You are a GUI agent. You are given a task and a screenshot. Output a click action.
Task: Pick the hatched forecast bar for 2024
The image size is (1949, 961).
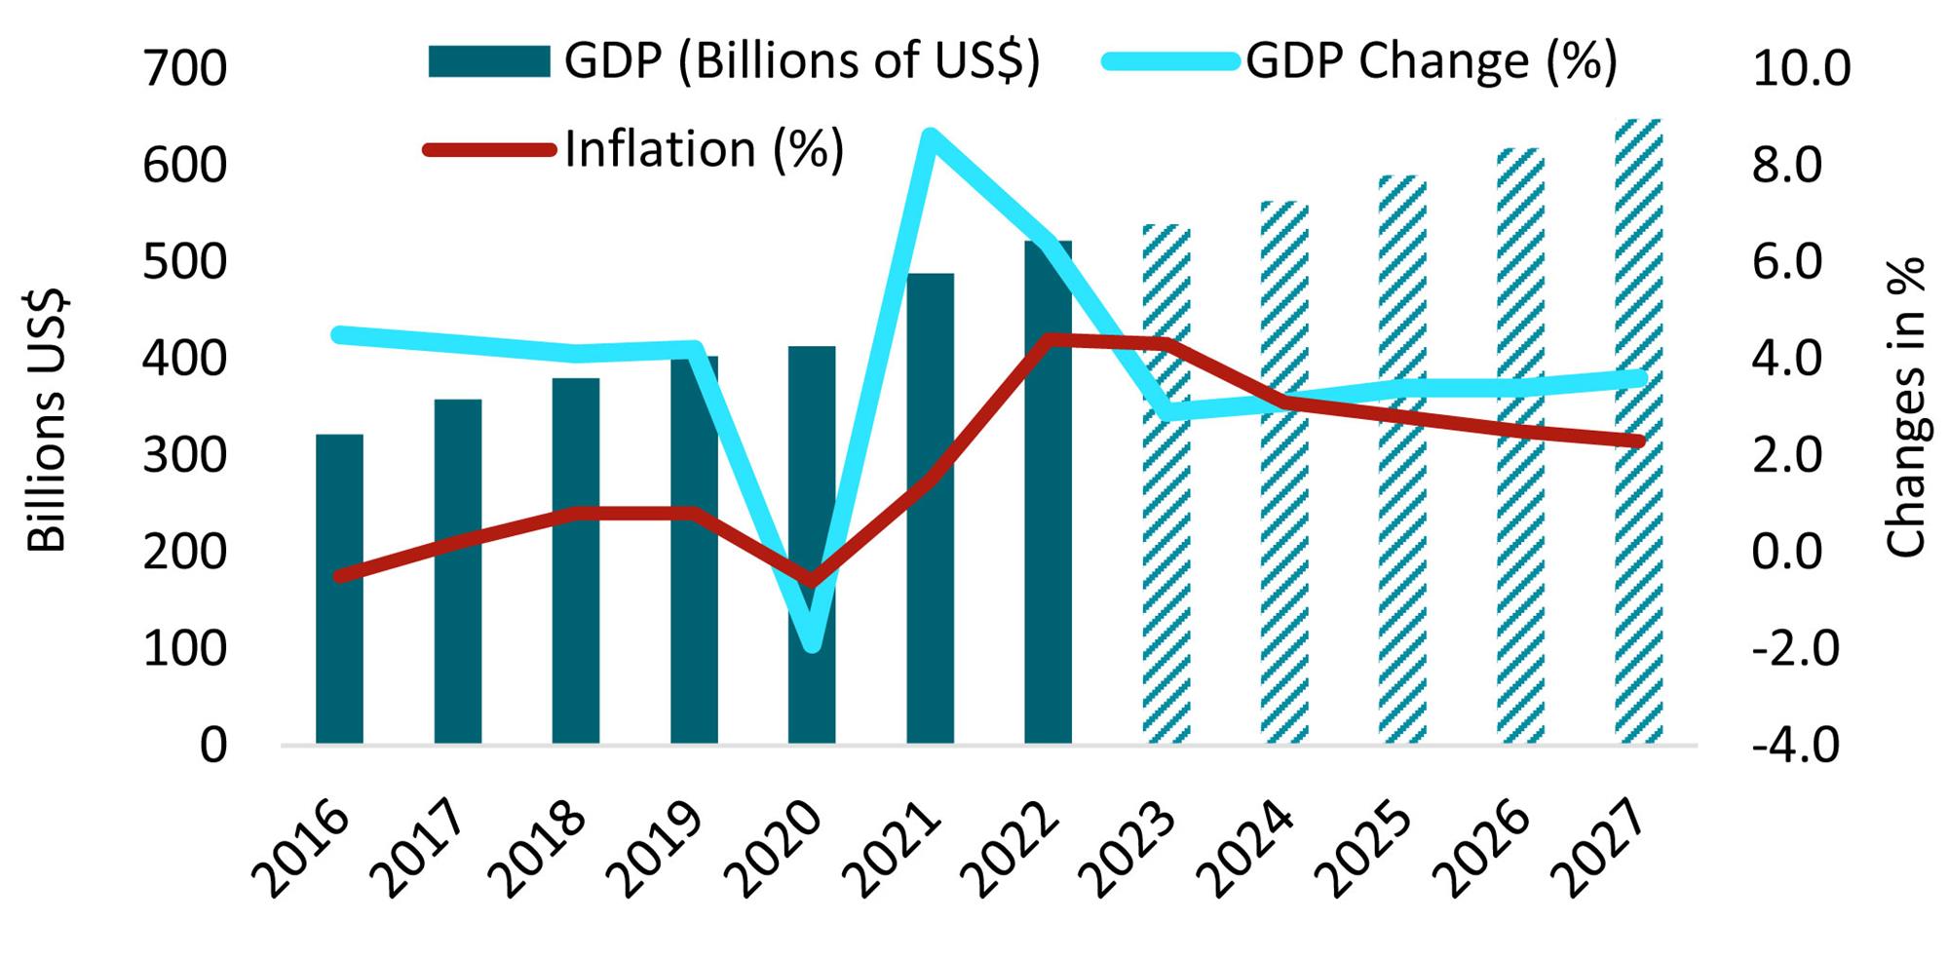pos(1284,585)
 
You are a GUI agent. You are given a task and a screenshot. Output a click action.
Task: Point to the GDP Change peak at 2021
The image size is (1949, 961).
pos(930,136)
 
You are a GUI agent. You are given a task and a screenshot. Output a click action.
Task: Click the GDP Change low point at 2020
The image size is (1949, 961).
pos(813,644)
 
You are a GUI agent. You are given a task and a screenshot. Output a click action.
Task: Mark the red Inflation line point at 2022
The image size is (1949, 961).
pos(1049,340)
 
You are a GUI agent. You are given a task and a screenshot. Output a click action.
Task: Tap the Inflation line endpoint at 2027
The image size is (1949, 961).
pos(1638,442)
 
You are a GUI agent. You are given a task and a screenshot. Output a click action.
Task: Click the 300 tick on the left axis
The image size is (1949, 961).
pos(184,456)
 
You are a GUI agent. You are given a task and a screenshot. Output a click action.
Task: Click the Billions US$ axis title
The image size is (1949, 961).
pos(46,420)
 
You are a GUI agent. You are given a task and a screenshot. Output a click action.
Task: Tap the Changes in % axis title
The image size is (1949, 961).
pos(1906,407)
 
